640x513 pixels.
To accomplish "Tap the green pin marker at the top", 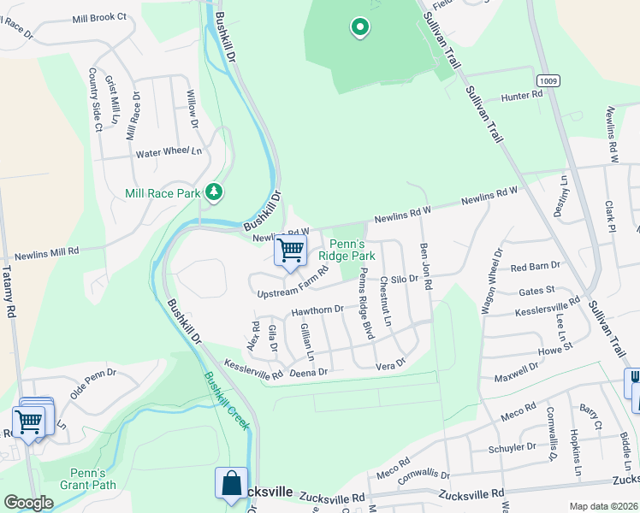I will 360,28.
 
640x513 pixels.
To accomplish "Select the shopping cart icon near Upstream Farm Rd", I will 290,250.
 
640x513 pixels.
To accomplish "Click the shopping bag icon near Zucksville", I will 231,483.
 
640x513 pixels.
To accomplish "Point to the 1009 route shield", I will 549,80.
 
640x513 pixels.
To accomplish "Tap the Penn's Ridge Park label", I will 347,250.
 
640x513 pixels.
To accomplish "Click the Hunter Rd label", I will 522,97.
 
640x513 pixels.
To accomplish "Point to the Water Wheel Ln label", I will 169,153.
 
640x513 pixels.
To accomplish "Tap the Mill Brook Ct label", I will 99,17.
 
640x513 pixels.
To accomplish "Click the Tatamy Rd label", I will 9,296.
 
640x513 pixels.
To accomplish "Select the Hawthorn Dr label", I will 317,310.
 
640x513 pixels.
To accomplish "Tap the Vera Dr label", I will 389,365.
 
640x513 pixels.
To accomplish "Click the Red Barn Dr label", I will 534,267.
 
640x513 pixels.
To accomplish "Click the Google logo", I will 28,503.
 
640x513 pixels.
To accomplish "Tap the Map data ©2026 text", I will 603,506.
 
